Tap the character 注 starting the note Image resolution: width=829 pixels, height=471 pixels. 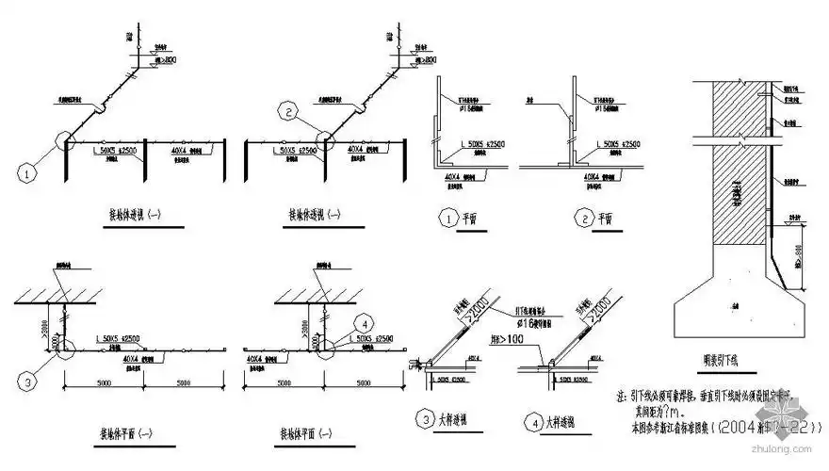pos(620,398)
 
